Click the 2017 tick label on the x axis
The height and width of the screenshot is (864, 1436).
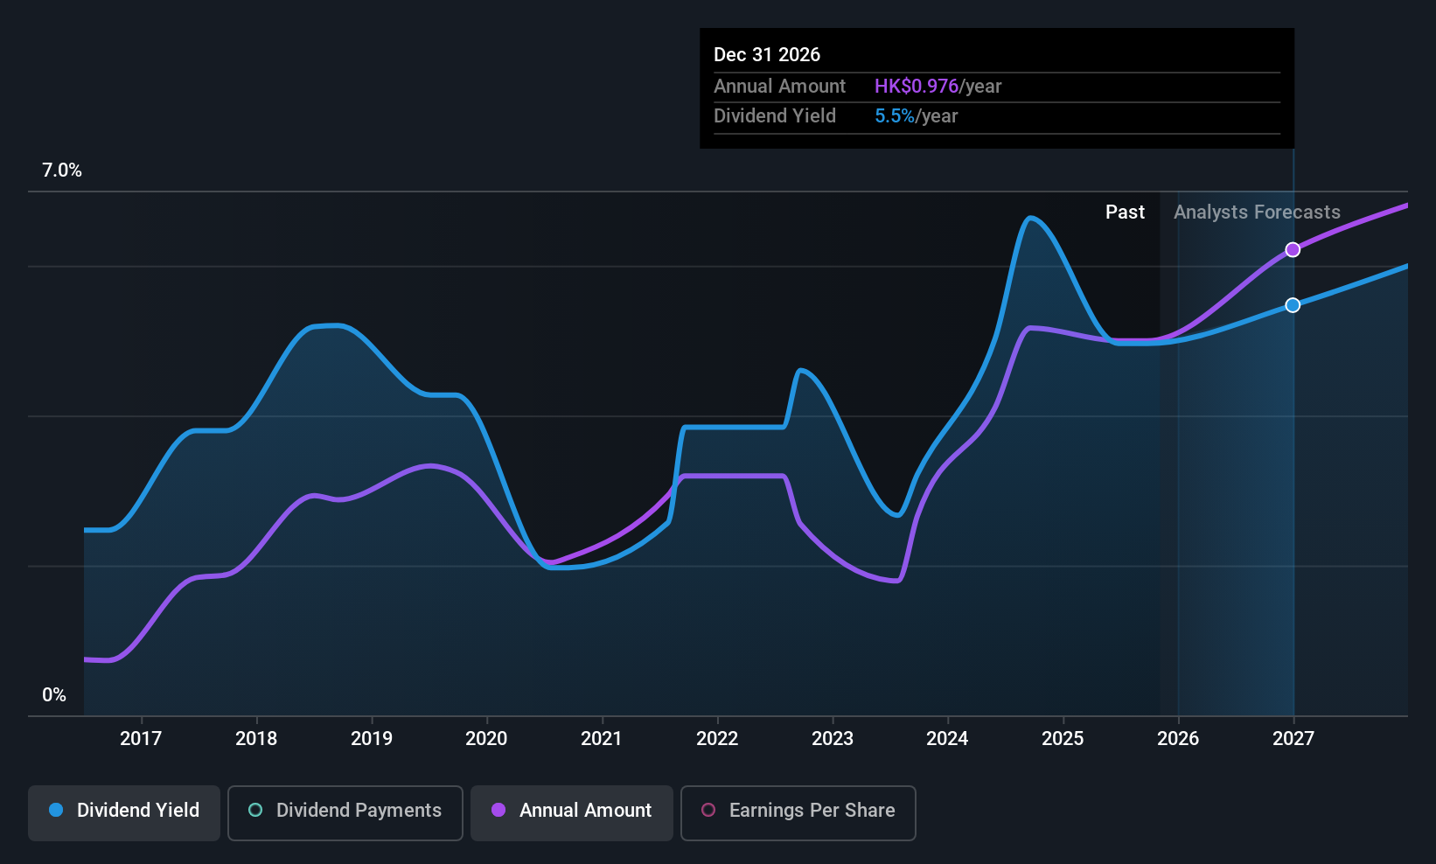click(x=140, y=738)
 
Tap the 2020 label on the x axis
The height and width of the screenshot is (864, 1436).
click(x=486, y=738)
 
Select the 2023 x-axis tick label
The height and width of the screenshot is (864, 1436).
click(x=832, y=738)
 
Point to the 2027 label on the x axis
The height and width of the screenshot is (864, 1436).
click(x=1293, y=738)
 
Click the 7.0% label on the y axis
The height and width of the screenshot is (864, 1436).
click(x=62, y=171)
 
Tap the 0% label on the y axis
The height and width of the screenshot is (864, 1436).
click(x=54, y=695)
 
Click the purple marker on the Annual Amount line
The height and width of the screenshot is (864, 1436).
click(x=1293, y=250)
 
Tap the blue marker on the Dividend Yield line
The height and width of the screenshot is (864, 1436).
click(x=1293, y=305)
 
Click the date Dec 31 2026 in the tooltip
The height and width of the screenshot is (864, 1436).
click(x=767, y=54)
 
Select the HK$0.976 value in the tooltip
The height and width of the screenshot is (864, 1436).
click(x=917, y=86)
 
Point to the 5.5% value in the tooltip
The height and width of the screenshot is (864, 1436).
click(x=894, y=116)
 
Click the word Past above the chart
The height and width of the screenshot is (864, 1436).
click(x=1125, y=212)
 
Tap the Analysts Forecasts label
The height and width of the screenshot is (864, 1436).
click(x=1257, y=212)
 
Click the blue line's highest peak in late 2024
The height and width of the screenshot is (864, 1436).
click(x=1031, y=217)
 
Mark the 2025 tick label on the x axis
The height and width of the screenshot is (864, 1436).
click(x=1063, y=738)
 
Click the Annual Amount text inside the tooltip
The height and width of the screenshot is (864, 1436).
click(x=779, y=86)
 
